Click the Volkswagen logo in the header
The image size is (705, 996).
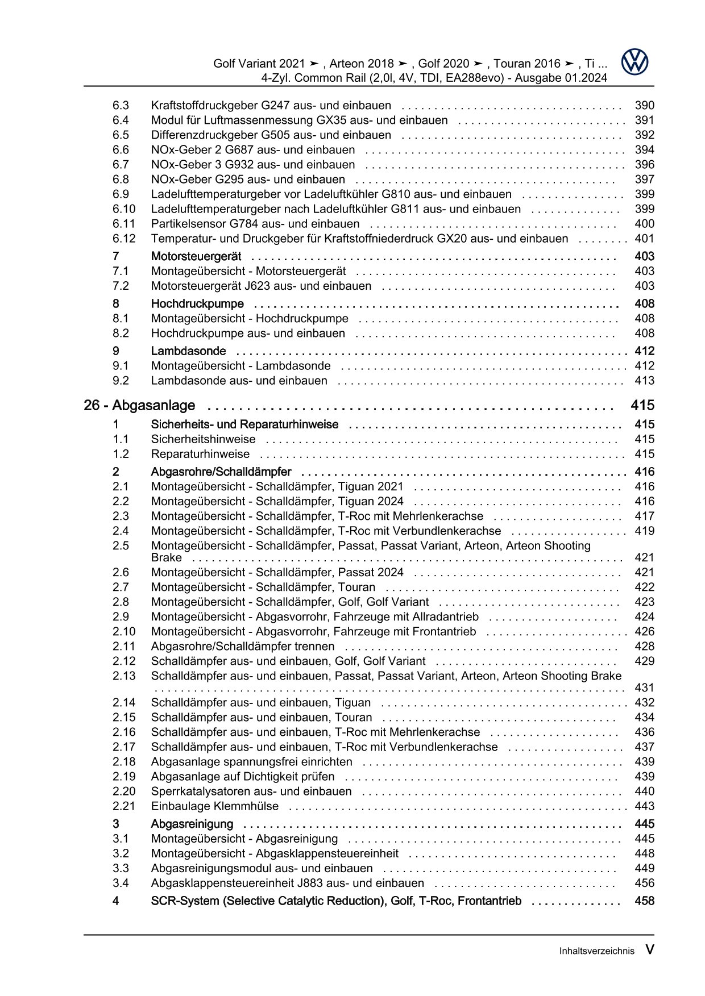(634, 62)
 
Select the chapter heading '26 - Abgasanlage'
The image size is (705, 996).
(139, 406)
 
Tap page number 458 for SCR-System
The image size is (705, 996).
(644, 901)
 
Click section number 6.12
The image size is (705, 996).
(124, 239)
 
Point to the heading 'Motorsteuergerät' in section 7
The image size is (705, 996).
(196, 256)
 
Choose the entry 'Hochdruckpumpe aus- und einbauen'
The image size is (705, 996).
(248, 334)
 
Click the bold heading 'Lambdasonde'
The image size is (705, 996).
(188, 351)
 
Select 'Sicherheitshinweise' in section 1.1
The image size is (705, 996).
(203, 439)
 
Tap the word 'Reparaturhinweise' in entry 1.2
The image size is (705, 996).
(200, 454)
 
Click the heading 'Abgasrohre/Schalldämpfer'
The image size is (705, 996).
(221, 472)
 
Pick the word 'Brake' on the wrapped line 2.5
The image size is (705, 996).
(166, 558)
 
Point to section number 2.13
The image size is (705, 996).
(124, 676)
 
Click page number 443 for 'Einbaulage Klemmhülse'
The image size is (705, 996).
(644, 806)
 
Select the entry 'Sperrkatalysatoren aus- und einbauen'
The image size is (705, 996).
(251, 791)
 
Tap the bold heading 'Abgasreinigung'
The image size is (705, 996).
(192, 824)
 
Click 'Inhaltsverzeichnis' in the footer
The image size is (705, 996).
(596, 951)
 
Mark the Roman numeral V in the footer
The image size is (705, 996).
(649, 950)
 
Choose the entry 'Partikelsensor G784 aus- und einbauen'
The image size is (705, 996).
(255, 224)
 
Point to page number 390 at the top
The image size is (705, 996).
(644, 106)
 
